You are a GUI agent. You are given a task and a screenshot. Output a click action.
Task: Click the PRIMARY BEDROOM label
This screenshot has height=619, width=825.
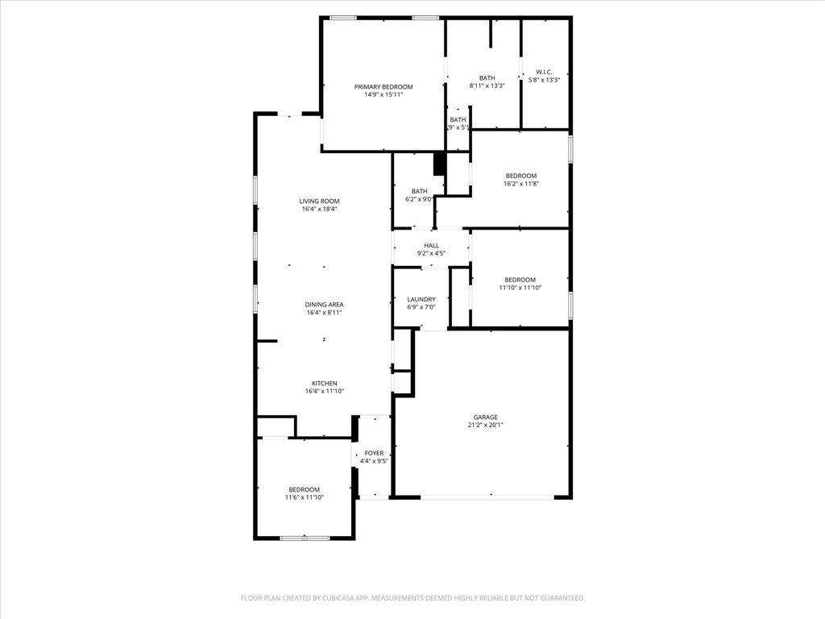(x=383, y=87)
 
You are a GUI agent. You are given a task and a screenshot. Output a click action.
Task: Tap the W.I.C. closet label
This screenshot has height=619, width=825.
(x=544, y=72)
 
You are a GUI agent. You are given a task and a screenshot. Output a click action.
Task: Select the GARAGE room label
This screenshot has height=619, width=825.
(x=485, y=418)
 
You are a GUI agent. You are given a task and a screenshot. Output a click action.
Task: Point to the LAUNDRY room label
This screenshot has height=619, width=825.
(x=421, y=299)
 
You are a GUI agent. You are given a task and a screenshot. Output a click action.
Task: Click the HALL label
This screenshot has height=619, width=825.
(x=432, y=246)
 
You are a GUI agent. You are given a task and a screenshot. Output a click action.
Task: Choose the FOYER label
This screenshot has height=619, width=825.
(x=374, y=453)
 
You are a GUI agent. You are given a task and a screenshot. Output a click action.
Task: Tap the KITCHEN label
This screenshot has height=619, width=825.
(x=325, y=384)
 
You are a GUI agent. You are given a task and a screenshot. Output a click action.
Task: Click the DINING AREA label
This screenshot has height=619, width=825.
(x=325, y=305)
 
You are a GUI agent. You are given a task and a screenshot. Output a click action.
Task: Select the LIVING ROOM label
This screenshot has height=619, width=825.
(x=319, y=201)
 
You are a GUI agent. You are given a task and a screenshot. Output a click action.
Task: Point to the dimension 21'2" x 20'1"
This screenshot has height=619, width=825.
(x=485, y=426)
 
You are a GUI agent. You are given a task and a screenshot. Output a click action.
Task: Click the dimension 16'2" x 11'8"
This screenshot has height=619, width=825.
(x=520, y=184)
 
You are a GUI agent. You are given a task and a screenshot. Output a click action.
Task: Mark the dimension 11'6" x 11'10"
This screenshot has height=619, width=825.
(x=304, y=497)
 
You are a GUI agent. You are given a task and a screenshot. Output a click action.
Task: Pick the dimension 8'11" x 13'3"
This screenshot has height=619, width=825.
(x=487, y=85)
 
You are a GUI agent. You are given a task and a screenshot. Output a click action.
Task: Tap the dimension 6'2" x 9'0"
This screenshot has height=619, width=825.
(x=420, y=199)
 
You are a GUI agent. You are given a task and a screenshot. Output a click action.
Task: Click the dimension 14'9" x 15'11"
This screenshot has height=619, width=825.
(x=383, y=94)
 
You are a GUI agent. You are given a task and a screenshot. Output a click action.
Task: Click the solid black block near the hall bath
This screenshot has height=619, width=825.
(x=440, y=164)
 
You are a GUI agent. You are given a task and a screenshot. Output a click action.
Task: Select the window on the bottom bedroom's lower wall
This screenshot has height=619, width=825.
(x=305, y=538)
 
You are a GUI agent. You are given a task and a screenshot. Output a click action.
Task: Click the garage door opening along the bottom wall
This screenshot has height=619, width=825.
(x=487, y=497)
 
